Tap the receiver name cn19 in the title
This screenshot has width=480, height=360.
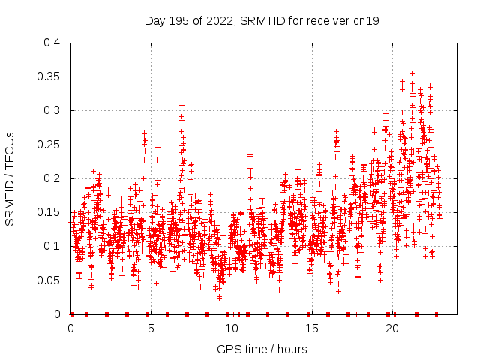(364, 21)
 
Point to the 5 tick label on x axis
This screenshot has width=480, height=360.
(151, 328)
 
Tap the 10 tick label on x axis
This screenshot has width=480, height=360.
(232, 328)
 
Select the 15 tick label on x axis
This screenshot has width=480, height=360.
(312, 328)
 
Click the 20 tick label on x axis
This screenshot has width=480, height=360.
(392, 328)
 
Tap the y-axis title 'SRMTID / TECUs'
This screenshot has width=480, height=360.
(10, 178)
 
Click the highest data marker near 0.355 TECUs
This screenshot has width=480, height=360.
(412, 73)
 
